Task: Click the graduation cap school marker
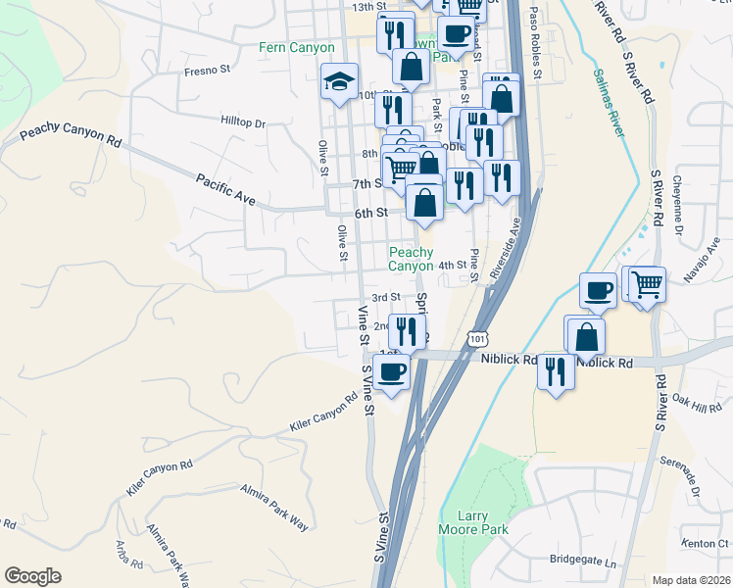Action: coord(339,81)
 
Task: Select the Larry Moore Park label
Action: coord(485,522)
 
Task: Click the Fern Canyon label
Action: coord(296,47)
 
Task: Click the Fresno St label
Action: coord(207,71)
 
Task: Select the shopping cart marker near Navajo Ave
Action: coord(647,285)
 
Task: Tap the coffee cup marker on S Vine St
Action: coord(391,372)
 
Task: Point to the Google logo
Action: coord(32,576)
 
